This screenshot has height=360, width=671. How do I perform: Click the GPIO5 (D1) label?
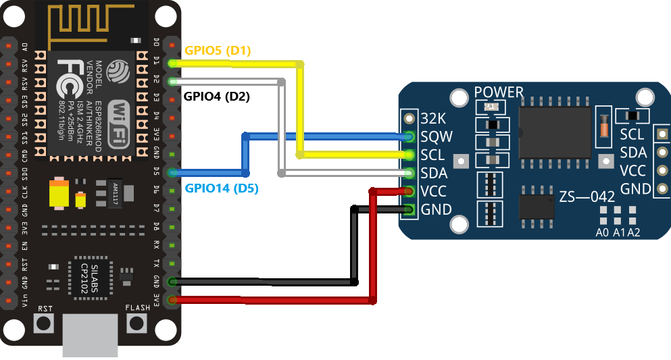218,51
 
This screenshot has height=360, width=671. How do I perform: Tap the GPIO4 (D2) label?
217,96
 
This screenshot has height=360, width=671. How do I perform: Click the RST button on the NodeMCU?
45,322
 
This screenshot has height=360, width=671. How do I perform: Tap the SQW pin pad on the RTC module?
408,136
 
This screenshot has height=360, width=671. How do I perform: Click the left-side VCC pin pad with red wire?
408,191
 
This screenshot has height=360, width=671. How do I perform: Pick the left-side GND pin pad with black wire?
408,209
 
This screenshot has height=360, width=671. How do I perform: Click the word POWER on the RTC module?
499,92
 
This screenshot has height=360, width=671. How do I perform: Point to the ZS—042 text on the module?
587,197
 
